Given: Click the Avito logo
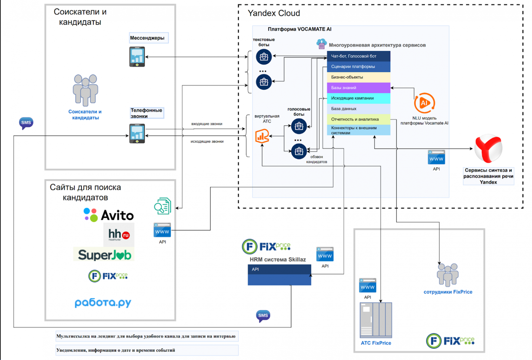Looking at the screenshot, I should pyautogui.click(x=109, y=215).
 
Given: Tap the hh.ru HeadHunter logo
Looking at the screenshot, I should pyautogui.click(x=119, y=235).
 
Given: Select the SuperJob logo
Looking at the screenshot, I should pyautogui.click(x=104, y=255).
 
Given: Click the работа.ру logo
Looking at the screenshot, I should pyautogui.click(x=103, y=302).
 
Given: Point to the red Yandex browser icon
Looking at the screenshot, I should pyautogui.click(x=488, y=149).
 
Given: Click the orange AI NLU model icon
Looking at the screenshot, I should pyautogui.click(x=424, y=103).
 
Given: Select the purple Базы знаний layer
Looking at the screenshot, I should pyautogui.click(x=358, y=88).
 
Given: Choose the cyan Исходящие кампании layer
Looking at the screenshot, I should pyautogui.click(x=358, y=98).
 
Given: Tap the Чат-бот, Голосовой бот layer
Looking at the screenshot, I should pyautogui.click(x=358, y=56).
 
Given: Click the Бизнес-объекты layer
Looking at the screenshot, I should pyautogui.click(x=358, y=77).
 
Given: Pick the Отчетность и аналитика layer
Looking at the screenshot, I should pyautogui.click(x=358, y=119).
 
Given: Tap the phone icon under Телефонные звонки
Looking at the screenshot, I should pyautogui.click(x=137, y=133).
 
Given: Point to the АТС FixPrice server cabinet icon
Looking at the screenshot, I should pyautogui.click(x=376, y=320).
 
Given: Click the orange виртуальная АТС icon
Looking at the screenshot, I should pyautogui.click(x=262, y=136).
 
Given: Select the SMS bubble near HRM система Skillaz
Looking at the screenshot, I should pyautogui.click(x=263, y=316).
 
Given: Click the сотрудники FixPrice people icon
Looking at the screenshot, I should pyautogui.click(x=448, y=274).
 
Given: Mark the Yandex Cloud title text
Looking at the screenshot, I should pyautogui.click(x=274, y=13).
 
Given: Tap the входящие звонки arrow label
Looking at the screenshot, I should pyautogui.click(x=207, y=124).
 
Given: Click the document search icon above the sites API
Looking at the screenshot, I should pyautogui.click(x=162, y=206).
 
